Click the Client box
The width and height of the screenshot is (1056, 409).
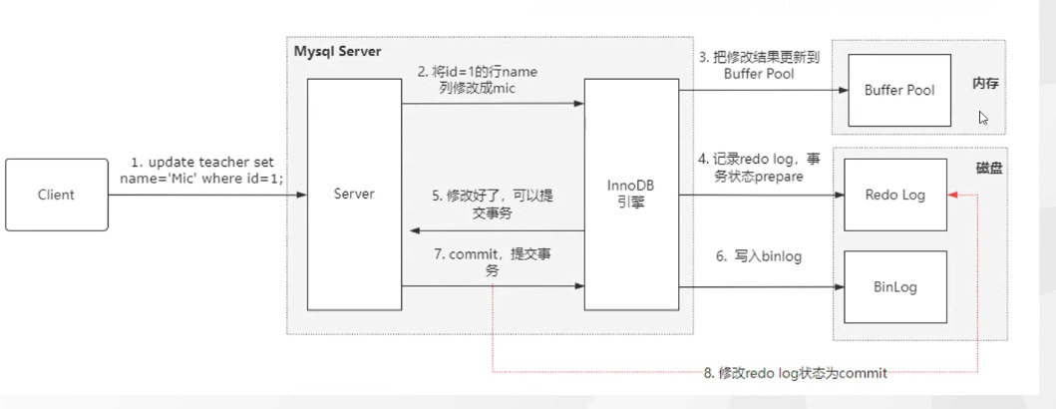(x=56, y=195)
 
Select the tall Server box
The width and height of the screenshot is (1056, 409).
(x=354, y=195)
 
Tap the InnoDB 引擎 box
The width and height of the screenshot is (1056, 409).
(x=631, y=195)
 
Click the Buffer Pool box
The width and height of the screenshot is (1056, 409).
(x=899, y=90)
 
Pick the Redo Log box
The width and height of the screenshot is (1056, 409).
(x=895, y=196)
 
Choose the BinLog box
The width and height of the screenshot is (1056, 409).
(x=894, y=287)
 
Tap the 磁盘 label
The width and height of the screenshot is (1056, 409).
(x=989, y=170)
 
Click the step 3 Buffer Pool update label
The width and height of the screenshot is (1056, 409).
(x=747, y=65)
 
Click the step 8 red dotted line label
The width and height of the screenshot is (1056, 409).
(x=795, y=373)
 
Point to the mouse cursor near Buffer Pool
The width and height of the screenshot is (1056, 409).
(x=983, y=117)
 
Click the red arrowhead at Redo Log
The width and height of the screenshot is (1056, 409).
(x=955, y=196)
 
